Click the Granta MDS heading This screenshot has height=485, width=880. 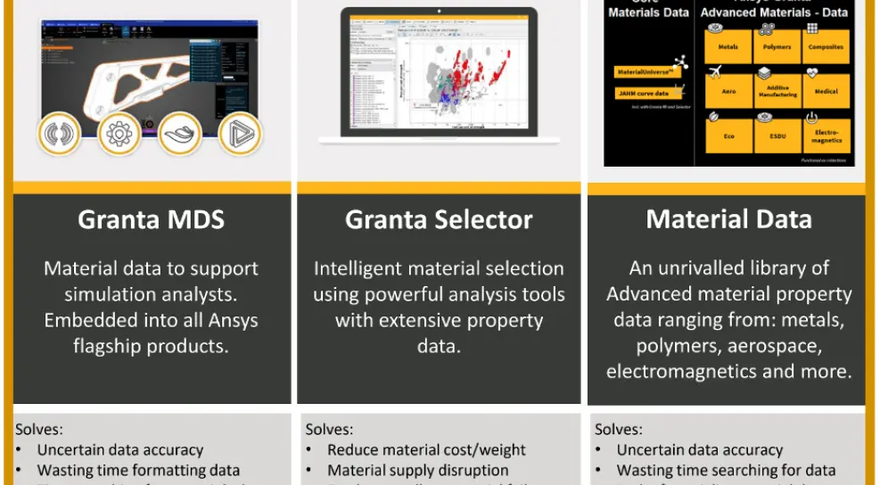[x=151, y=219]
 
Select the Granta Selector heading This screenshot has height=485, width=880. [x=439, y=219]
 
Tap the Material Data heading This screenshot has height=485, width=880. [x=728, y=219]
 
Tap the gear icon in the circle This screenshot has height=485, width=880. [x=119, y=134]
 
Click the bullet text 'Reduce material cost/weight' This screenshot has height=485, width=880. [x=426, y=450]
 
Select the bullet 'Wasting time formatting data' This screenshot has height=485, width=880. [x=138, y=470]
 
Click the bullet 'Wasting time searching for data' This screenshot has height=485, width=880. [x=726, y=470]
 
